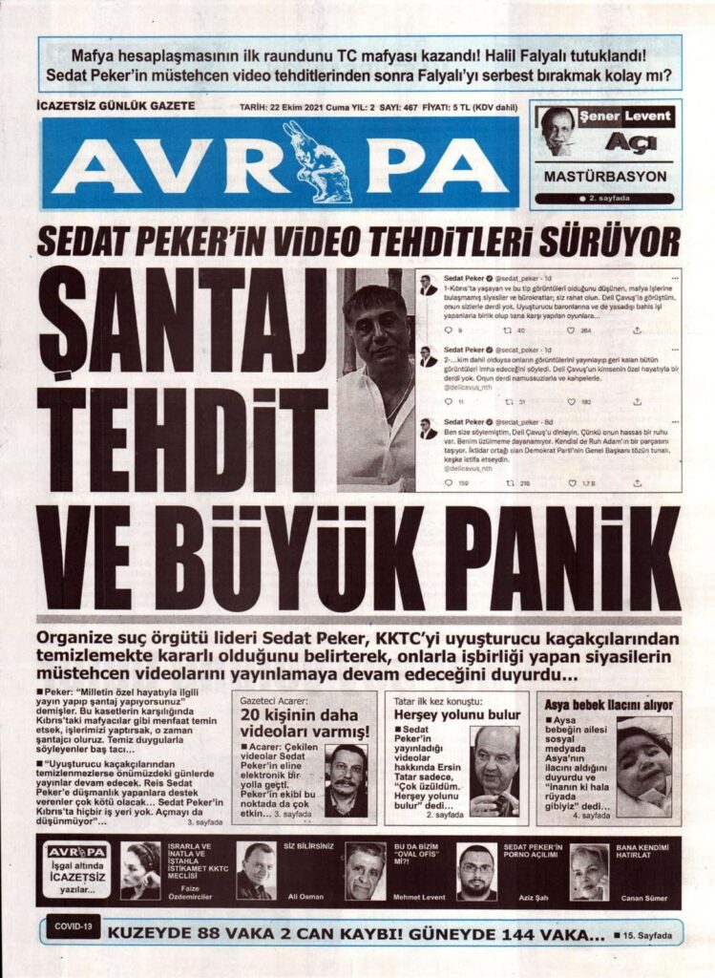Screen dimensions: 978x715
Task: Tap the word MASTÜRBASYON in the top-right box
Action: [x=604, y=177]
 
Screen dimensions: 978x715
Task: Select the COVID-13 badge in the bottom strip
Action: [x=73, y=927]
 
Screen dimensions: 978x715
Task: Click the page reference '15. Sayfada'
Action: [x=649, y=935]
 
